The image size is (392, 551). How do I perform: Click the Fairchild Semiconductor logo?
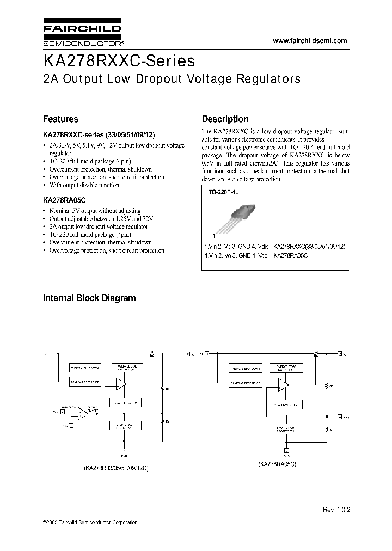82,34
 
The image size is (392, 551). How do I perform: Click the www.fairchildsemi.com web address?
309,41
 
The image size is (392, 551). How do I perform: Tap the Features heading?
60,119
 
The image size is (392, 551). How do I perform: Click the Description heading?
225,119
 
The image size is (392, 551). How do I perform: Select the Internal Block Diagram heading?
89,298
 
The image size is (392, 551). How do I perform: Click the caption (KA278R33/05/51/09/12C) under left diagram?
117,468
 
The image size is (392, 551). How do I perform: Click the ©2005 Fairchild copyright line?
90,522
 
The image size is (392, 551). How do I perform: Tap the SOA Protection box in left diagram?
125,403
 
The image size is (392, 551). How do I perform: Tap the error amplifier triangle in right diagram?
283,385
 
